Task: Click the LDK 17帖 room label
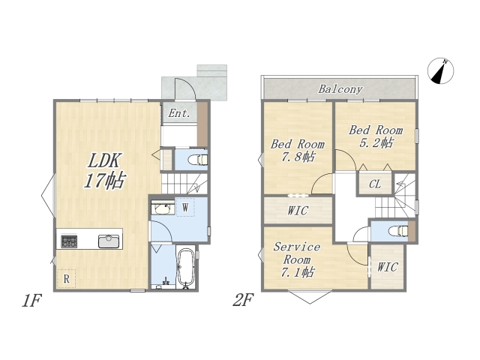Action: point(104,170)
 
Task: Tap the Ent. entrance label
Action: point(179,113)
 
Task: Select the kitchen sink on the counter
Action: point(109,241)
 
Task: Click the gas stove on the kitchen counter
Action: point(69,241)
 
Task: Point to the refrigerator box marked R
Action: point(67,278)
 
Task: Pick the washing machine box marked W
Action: point(185,208)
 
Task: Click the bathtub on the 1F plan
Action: point(186,268)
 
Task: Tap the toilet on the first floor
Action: point(198,160)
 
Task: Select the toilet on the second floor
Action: point(399,231)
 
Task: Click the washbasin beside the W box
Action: point(162,209)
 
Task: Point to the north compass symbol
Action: point(440,70)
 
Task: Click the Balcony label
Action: point(340,89)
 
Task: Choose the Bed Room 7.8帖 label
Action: point(297,151)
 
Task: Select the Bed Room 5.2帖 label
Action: point(376,136)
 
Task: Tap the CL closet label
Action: point(375,184)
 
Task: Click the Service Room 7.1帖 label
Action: point(297,259)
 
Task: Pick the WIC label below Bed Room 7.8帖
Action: point(298,211)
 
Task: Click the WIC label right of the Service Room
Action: point(387,267)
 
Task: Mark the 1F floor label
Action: point(31,300)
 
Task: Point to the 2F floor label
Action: point(243,300)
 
